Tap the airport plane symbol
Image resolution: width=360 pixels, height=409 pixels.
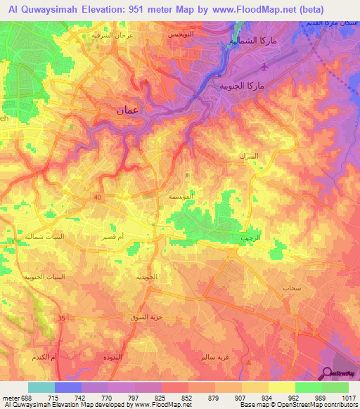point(264,67)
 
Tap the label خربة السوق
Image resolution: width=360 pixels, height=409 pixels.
point(147,317)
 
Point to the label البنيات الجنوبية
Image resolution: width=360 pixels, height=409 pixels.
point(46,275)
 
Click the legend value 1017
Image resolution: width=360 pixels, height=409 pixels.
point(349,398)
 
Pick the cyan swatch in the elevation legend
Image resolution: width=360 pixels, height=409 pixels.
point(41,387)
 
